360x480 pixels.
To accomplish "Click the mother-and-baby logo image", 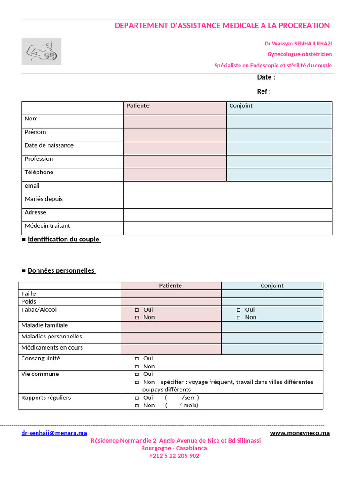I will coord(41,51).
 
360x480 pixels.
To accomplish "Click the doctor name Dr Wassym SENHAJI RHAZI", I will coord(298,44).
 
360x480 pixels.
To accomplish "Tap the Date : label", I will coord(266,77).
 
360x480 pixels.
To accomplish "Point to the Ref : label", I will coord(263,91).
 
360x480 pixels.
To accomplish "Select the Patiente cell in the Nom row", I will coord(175,121).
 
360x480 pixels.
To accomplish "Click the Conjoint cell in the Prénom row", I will coord(279,135).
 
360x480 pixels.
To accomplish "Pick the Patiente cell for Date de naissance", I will coord(175,148).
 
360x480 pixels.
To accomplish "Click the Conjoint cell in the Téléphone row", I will coord(279,175).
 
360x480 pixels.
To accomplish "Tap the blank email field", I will coord(227,188).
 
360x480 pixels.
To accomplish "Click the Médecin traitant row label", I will coord(47,226).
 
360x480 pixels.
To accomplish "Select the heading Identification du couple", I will coord(63,240).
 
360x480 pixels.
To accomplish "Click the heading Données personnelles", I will coord(61,271).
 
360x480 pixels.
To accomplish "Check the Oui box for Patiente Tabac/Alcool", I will coord(137,310).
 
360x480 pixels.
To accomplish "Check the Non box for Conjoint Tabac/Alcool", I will coord(239,318).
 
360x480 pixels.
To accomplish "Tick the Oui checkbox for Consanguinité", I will coord(137,359).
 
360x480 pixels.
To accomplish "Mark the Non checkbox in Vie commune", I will coord(137,382).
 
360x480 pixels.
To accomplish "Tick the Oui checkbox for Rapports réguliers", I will coord(137,398).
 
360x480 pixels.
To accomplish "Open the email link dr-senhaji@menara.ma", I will coord(54,433).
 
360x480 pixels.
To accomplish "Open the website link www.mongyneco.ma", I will coord(300,433).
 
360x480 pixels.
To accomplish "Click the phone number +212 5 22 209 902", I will coord(174,456).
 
